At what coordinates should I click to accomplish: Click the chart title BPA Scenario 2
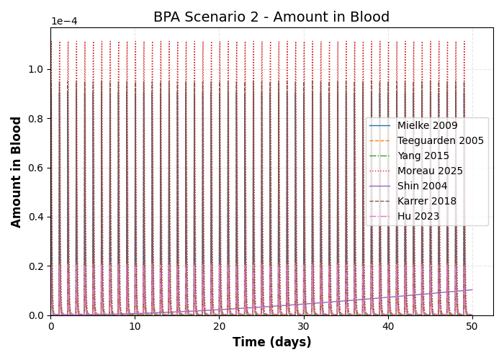pyautogui.click(x=271, y=17)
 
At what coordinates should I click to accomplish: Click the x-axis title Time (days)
pyautogui.click(x=271, y=342)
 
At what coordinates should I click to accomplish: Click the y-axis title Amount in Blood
pyautogui.click(x=17, y=171)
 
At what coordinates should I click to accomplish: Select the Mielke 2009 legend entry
pyautogui.click(x=427, y=126)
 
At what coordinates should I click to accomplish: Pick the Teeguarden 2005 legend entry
pyautogui.click(x=440, y=141)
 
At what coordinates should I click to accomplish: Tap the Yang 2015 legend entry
pyautogui.click(x=423, y=156)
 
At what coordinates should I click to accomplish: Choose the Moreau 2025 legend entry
pyautogui.click(x=430, y=171)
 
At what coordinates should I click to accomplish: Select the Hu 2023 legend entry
pyautogui.click(x=418, y=217)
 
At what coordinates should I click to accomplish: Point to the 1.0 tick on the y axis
pyautogui.click(x=35, y=69)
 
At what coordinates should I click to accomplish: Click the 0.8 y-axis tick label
pyautogui.click(x=35, y=119)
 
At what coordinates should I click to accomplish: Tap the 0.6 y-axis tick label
pyautogui.click(x=35, y=168)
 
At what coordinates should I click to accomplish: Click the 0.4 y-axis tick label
pyautogui.click(x=35, y=217)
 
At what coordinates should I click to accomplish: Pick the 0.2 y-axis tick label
pyautogui.click(x=35, y=266)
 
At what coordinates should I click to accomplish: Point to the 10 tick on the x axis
pyautogui.click(x=135, y=326)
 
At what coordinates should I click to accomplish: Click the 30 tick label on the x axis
pyautogui.click(x=304, y=326)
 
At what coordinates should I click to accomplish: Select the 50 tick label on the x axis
pyautogui.click(x=472, y=326)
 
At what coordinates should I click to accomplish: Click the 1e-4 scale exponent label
pyautogui.click(x=65, y=22)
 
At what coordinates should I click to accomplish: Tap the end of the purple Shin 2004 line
pyautogui.click(x=472, y=290)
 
